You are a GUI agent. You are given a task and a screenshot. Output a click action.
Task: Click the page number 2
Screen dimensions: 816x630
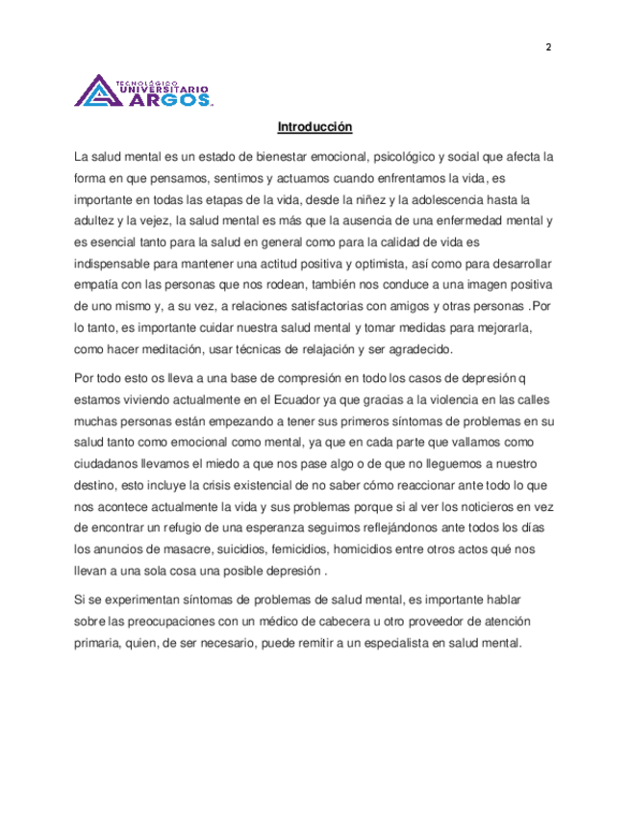pyautogui.click(x=547, y=49)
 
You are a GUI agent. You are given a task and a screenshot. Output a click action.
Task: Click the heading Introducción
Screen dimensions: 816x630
pyautogui.click(x=315, y=126)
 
